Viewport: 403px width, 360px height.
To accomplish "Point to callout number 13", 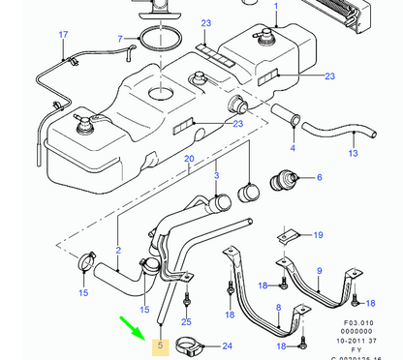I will coord(353,152).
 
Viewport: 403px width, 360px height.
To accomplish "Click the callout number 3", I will coord(319,178).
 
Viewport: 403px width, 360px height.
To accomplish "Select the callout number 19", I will coord(319,233).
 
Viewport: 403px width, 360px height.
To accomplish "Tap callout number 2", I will coord(118,250).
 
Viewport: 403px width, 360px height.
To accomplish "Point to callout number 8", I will coord(279,309).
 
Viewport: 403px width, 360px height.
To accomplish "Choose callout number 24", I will coord(227,345).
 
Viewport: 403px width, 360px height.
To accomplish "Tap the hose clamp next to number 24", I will coord(192,344).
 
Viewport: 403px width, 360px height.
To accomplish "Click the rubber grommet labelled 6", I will coord(285,180).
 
